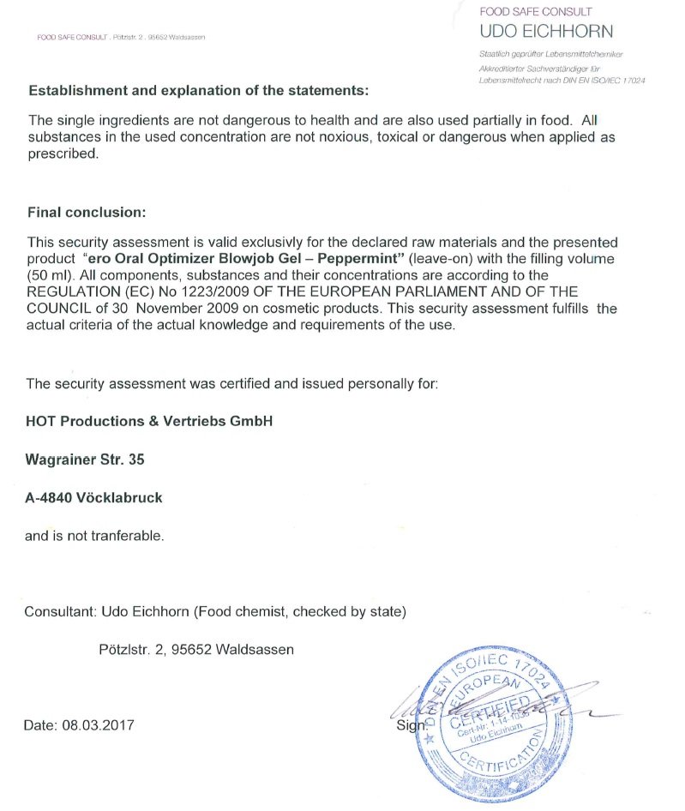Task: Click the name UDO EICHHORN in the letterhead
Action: tap(546, 32)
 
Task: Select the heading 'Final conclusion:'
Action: tap(87, 212)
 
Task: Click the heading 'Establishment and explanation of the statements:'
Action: tap(198, 90)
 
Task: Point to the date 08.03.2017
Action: tap(98, 725)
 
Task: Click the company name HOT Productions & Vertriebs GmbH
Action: tap(149, 421)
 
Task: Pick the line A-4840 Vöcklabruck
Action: tap(93, 497)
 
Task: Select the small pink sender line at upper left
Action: tap(120, 37)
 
